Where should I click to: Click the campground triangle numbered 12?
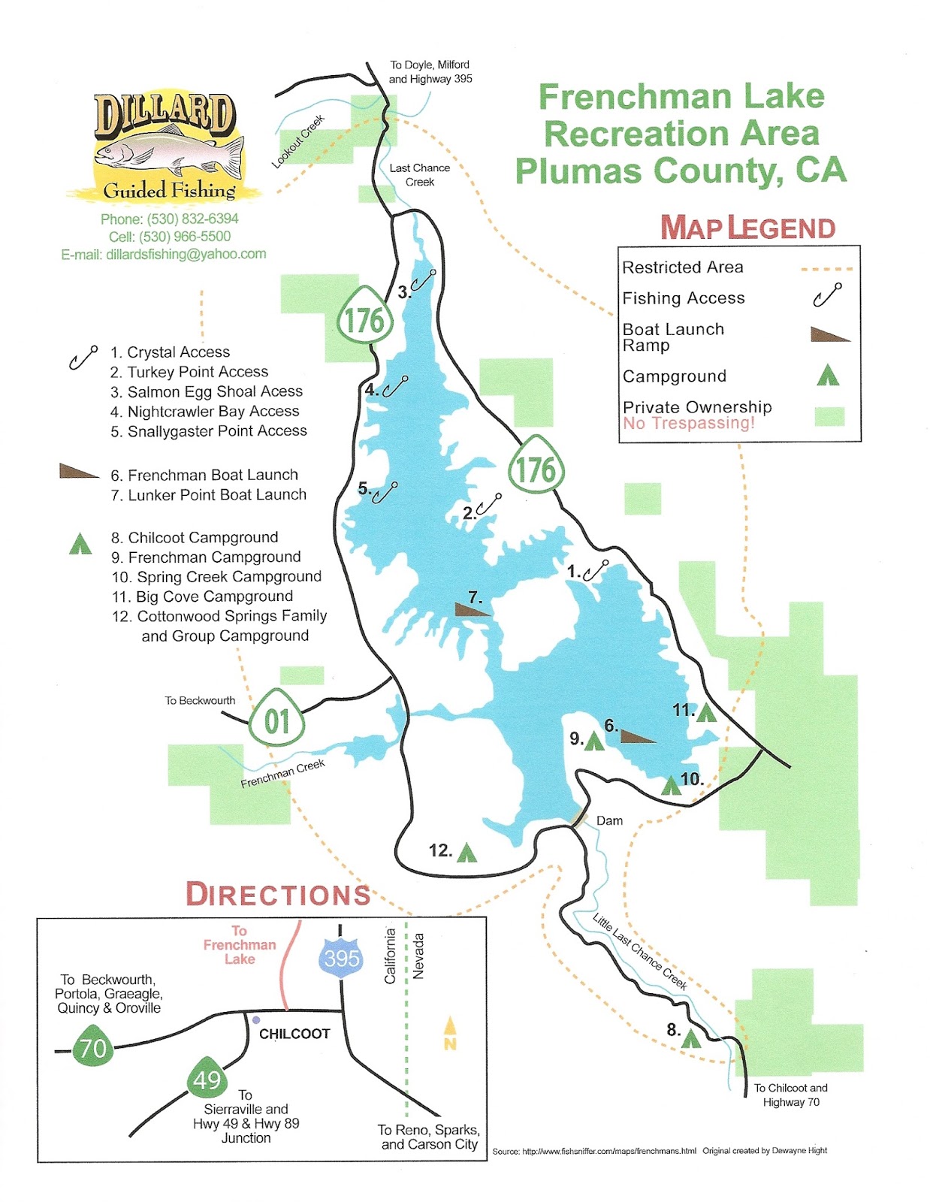[x=467, y=853]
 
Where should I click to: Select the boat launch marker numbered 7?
[x=473, y=609]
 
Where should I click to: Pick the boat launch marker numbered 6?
[x=637, y=736]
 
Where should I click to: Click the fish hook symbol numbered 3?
[x=424, y=280]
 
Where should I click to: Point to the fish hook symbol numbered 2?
[x=488, y=504]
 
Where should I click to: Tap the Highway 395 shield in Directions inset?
[x=342, y=958]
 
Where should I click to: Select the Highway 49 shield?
[x=207, y=1079]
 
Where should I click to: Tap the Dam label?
[x=609, y=820]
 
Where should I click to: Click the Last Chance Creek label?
[x=419, y=175]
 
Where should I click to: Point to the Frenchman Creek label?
[x=282, y=773]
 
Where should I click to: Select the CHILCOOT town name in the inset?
[x=294, y=1034]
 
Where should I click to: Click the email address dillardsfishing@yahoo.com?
[x=163, y=254]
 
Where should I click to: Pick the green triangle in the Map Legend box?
[x=828, y=375]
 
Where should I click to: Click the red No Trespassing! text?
[x=688, y=423]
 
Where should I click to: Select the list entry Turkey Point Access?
[x=189, y=372]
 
